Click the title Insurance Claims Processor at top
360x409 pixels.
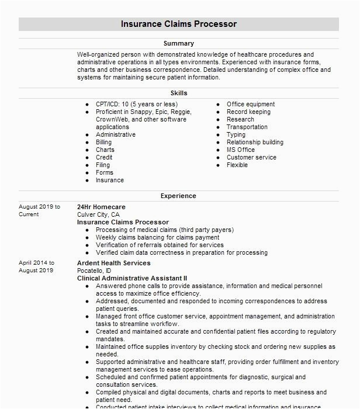coord(179,24)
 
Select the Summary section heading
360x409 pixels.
coord(179,43)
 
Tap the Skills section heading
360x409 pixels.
coord(179,93)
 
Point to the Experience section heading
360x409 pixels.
coord(179,196)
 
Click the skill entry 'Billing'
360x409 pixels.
coord(104,142)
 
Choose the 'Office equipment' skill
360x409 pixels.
coord(251,104)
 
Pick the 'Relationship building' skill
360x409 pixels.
coord(255,142)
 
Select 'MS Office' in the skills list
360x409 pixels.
coord(241,150)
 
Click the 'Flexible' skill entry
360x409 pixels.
coord(237,165)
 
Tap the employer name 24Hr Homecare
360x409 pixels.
coord(101,207)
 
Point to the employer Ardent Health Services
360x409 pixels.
coord(113,263)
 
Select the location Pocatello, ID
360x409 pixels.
coord(94,271)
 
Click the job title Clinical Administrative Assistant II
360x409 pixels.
coord(132,278)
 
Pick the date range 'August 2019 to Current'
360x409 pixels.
coord(39,210)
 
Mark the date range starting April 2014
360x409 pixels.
coord(36,266)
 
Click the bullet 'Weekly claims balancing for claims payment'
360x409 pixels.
coord(158,237)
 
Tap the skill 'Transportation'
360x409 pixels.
coord(247,127)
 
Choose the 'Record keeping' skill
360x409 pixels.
coord(248,112)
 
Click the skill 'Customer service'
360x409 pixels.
coord(251,157)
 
